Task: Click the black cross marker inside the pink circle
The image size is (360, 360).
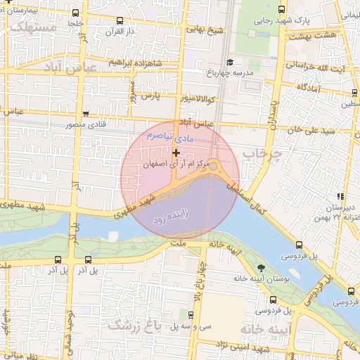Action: click(176, 153)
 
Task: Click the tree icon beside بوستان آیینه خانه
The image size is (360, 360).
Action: click(262, 268)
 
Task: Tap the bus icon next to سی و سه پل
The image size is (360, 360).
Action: click(191, 314)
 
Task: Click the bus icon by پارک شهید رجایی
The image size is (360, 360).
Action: click(281, 10)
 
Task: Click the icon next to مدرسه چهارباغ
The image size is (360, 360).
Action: click(229, 62)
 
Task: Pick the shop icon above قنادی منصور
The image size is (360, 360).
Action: click(86, 114)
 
